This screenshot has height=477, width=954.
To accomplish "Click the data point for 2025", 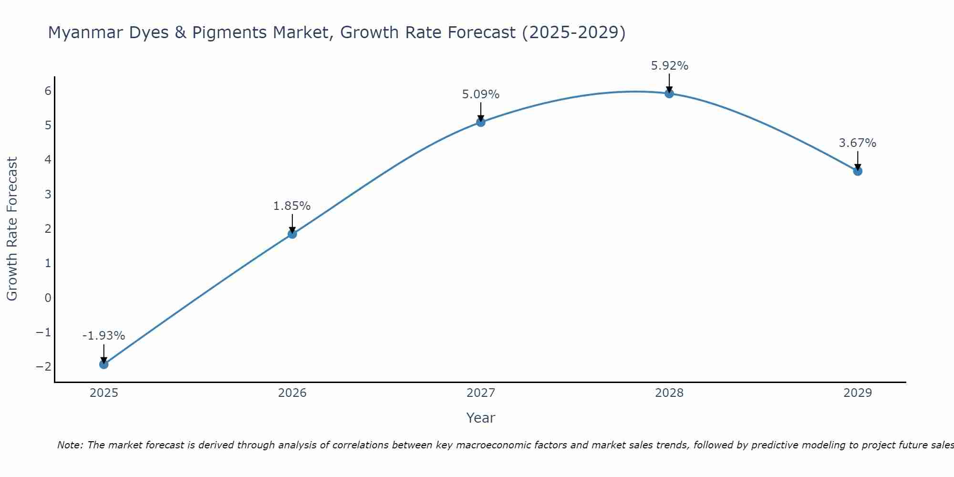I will [104, 364].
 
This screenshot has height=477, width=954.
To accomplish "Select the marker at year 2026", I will [292, 234].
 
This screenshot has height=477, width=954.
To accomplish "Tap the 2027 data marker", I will [480, 122].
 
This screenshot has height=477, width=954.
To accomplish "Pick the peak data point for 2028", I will [669, 93].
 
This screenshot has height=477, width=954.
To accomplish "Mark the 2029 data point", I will [857, 171].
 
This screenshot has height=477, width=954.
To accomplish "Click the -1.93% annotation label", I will [104, 336].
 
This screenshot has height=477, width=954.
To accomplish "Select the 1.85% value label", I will [292, 206].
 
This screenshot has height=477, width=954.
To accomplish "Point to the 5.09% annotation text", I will [480, 94].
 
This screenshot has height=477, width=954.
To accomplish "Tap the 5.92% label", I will [669, 66].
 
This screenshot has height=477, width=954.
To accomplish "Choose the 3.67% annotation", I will [857, 143].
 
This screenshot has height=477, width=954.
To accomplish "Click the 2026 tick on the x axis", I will [292, 393].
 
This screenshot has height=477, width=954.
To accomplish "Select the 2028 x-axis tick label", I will [669, 393].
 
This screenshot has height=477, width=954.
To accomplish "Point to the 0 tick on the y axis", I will [48, 298].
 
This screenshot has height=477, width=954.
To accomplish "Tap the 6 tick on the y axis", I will [48, 91].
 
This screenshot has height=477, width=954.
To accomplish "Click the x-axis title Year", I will [480, 418].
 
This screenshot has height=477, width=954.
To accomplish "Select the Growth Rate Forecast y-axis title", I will [12, 229].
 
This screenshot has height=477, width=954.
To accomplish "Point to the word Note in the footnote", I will [70, 445].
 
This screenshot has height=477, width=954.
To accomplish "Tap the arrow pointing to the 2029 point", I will [857, 161].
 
